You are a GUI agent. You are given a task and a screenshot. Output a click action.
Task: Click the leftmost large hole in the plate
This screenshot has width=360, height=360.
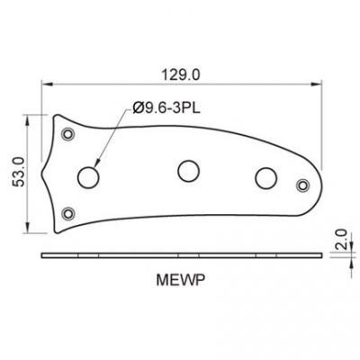(88, 176)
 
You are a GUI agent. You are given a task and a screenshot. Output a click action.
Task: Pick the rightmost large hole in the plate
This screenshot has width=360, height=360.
(265, 176)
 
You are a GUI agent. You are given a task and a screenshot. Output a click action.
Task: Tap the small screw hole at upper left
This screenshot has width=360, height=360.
(68, 134)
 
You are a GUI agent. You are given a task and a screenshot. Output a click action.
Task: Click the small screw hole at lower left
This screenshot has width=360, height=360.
(68, 213)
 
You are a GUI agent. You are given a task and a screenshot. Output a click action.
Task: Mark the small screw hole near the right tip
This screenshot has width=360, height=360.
(302, 185)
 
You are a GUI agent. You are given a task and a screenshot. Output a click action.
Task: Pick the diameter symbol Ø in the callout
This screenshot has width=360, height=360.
(139, 108)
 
